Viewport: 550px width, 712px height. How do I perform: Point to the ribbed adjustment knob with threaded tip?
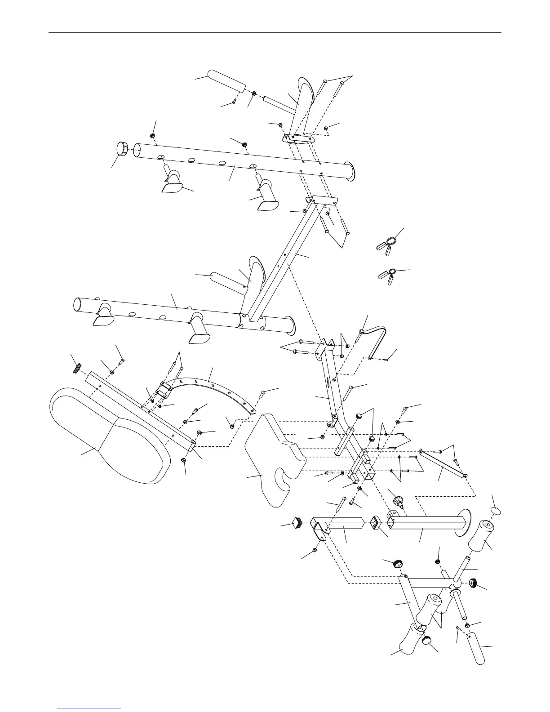point(397,500)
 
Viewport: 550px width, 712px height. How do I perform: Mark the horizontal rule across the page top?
point(275,33)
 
